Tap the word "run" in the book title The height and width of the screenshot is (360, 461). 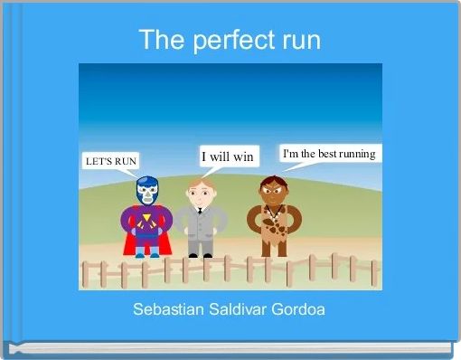(x=300, y=41)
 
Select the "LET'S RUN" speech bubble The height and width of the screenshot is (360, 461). (x=111, y=161)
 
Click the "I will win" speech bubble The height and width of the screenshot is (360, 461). (x=227, y=156)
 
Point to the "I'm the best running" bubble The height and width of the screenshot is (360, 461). (x=329, y=154)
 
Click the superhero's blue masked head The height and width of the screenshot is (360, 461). (x=146, y=191)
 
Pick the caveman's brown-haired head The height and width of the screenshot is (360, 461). (x=273, y=189)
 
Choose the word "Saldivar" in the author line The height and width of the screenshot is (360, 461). (x=237, y=309)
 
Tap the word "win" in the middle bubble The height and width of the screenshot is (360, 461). (x=241, y=156)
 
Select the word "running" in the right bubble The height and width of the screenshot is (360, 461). (x=356, y=154)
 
